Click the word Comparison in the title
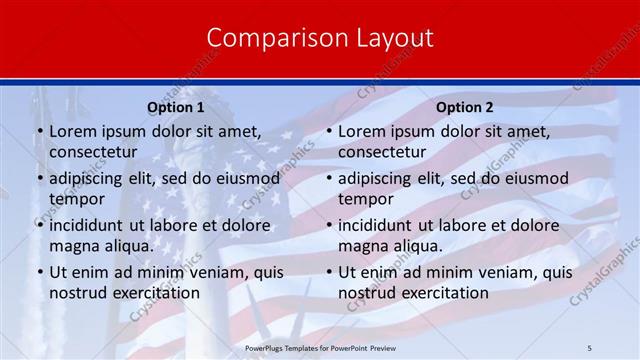264,38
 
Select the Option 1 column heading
176,107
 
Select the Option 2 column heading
465,107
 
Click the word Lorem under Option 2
361,131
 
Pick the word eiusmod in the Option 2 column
531,178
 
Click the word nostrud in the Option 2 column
368,292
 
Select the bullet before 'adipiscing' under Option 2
327,178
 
